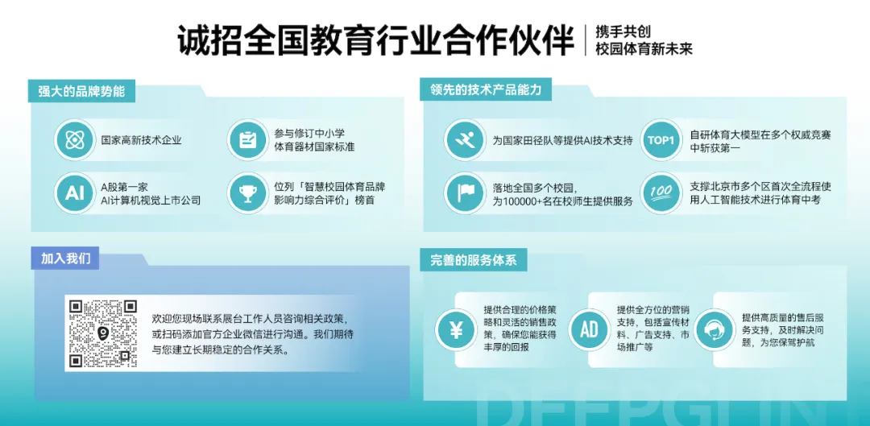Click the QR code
click(103, 334)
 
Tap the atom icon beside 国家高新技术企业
click(75, 140)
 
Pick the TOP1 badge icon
click(661, 140)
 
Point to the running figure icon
click(465, 140)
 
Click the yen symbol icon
click(456, 329)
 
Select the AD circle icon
click(589, 329)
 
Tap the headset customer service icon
click(715, 329)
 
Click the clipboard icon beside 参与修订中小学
click(247, 140)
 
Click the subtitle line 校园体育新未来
click(644, 49)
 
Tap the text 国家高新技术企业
click(142, 140)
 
